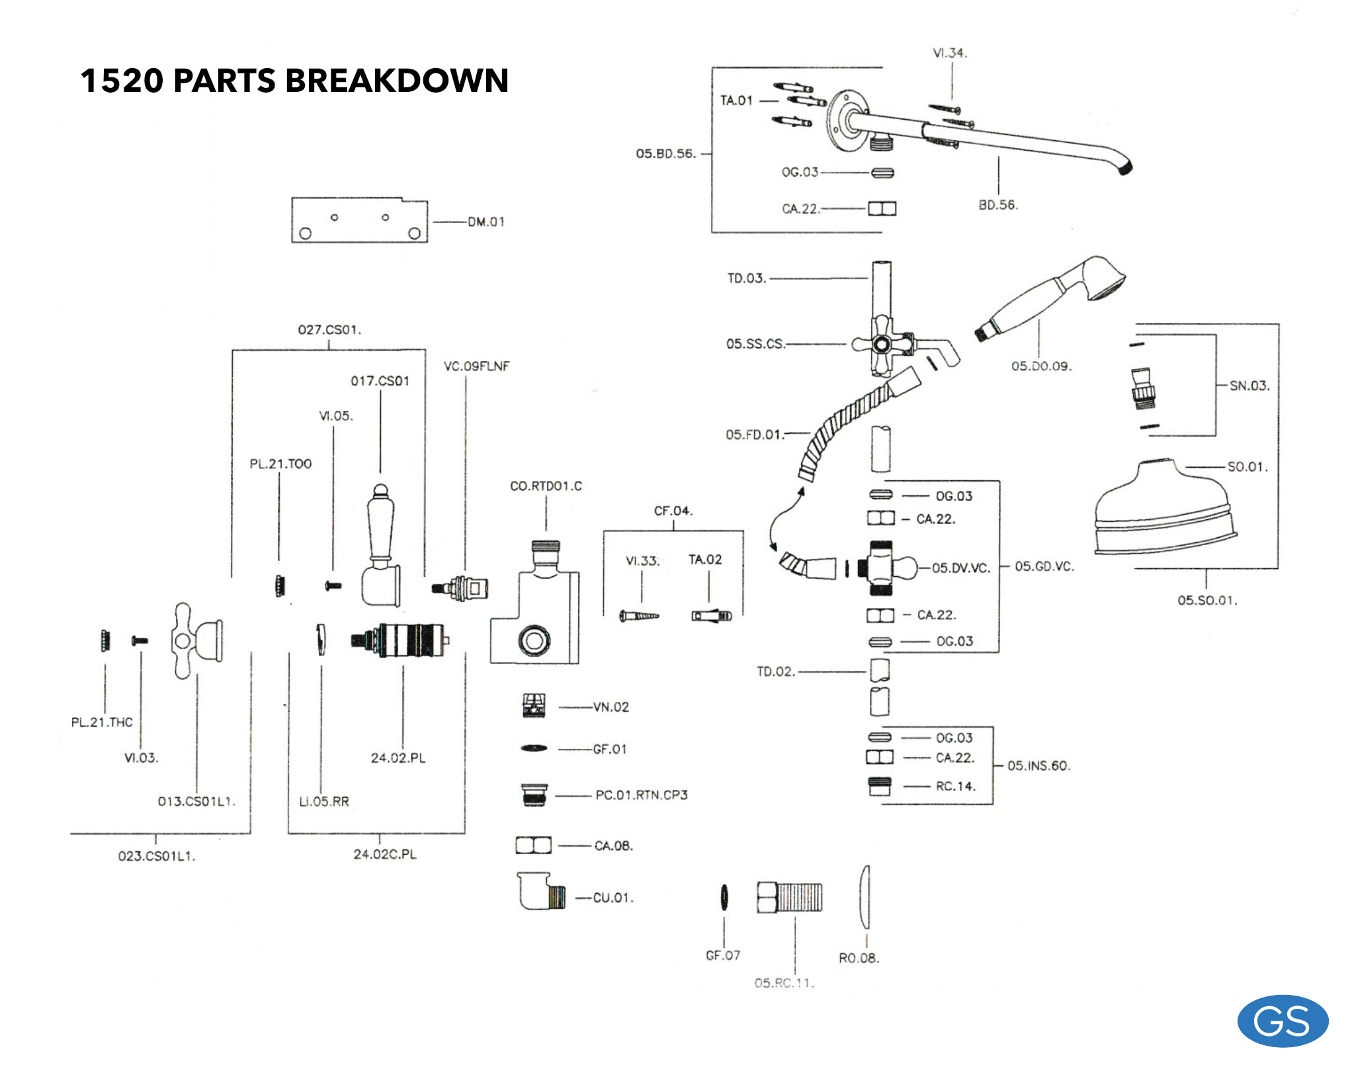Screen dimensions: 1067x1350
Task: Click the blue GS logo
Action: tap(1282, 1021)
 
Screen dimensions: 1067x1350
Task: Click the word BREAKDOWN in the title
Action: tap(396, 81)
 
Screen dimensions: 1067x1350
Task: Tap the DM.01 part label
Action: tap(486, 222)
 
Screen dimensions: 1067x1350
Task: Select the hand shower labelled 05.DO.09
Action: tap(1052, 294)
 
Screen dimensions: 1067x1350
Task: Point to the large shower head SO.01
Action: tap(1164, 509)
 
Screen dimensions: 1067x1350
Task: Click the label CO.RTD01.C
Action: tap(546, 486)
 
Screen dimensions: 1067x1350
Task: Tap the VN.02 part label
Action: tap(611, 707)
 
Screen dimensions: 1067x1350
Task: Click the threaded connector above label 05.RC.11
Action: tap(790, 897)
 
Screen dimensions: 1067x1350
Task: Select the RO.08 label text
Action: tap(859, 958)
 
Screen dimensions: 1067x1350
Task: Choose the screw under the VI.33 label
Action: tap(639, 616)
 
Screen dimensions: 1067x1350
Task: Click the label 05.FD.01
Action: tap(755, 435)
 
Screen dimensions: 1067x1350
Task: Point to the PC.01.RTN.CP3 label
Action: tap(641, 795)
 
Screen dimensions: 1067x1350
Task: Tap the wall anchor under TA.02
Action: tap(712, 616)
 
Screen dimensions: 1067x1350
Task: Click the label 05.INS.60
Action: tap(1038, 766)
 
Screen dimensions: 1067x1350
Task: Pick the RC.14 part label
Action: tap(955, 787)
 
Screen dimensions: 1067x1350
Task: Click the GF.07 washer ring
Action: tap(724, 897)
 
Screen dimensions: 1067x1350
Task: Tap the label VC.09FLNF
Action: tap(476, 366)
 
